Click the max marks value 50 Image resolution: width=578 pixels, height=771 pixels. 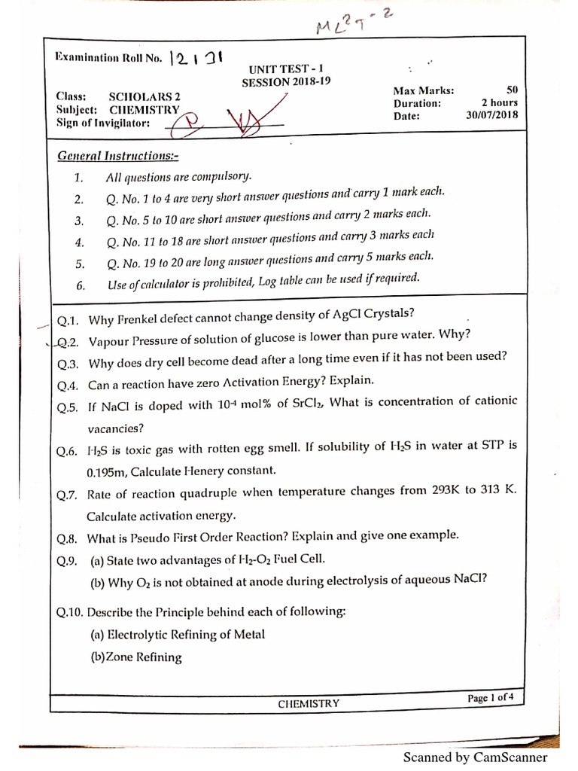pos(512,89)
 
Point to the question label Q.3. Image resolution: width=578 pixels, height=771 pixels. pos(68,364)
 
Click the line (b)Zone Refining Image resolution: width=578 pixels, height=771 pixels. pos(135,657)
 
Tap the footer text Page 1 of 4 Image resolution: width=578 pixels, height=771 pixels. pos(490,698)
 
